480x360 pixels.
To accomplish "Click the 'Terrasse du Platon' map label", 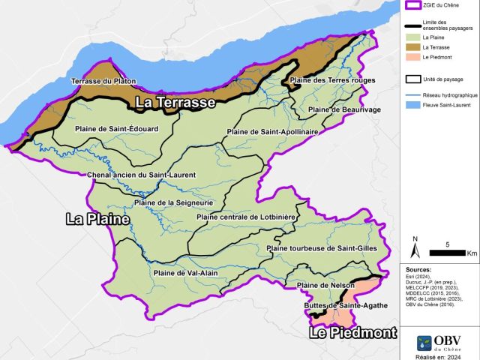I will coord(103,81).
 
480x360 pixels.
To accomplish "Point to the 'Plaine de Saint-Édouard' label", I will coord(116,129).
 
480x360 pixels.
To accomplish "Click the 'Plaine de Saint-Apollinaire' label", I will coord(272,132).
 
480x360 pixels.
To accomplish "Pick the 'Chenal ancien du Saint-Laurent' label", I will coord(141,175).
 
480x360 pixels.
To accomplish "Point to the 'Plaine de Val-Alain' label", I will coord(184,273).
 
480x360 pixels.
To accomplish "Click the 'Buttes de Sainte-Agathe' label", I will coord(335,306).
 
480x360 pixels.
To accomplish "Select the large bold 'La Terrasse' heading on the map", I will coord(175,102).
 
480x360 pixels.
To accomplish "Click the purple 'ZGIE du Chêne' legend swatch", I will coord(412,6).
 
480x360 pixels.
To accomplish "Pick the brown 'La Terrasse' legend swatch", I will coord(412,47).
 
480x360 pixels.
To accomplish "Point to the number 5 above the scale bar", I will coord(448,244).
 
